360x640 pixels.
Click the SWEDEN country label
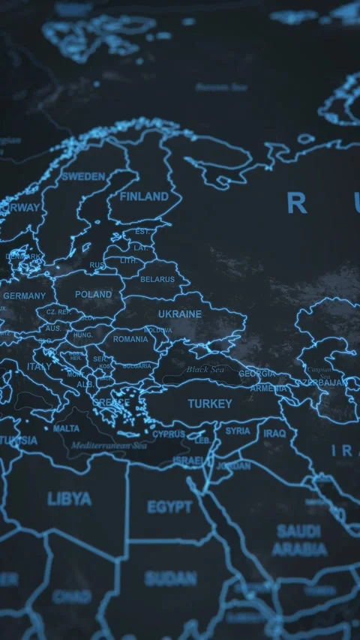pyautogui.click(x=83, y=177)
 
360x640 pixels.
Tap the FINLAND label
pyautogui.click(x=144, y=197)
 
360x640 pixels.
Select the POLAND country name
pyautogui.click(x=94, y=295)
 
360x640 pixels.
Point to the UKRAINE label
pyautogui.click(x=180, y=314)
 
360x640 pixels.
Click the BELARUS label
pyautogui.click(x=157, y=279)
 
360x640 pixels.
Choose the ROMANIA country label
pyautogui.click(x=130, y=339)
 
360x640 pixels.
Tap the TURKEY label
pyautogui.click(x=210, y=404)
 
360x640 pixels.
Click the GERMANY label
pyautogui.click(x=24, y=296)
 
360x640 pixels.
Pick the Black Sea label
pyautogui.click(x=205, y=370)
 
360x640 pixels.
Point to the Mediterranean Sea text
pyautogui.click(x=109, y=446)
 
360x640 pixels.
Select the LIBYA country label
pyautogui.click(x=69, y=499)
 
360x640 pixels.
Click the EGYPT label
pyautogui.click(x=169, y=508)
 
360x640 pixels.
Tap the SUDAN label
pyautogui.click(x=170, y=578)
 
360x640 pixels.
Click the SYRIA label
pyautogui.click(x=238, y=431)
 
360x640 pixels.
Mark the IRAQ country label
pyautogui.click(x=274, y=434)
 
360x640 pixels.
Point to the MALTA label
pyautogui.click(x=66, y=429)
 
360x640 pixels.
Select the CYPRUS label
pyautogui.click(x=169, y=434)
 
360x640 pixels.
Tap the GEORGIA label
pyautogui.click(x=256, y=374)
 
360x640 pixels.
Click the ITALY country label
pyautogui.click(x=40, y=367)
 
